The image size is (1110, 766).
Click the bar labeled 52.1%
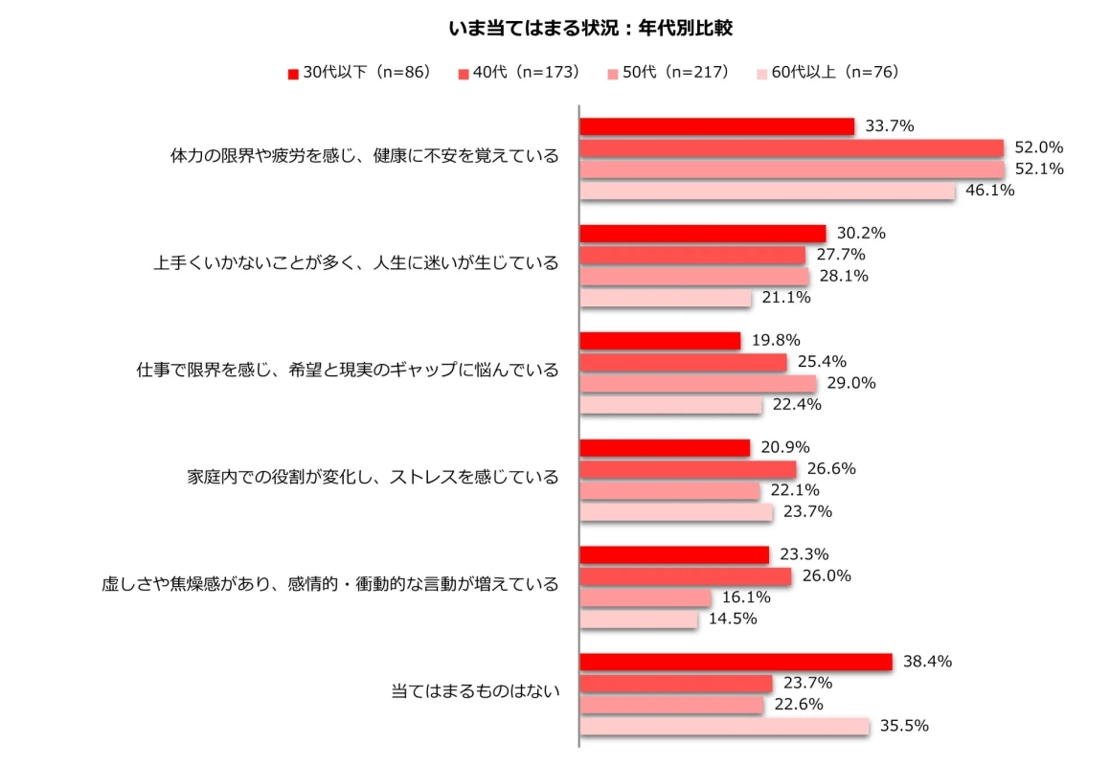tap(792, 169)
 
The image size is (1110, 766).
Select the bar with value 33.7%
tap(717, 126)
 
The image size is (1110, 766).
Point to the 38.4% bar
tap(736, 662)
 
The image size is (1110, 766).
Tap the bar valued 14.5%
tap(639, 620)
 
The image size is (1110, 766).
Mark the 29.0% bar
tap(698, 383)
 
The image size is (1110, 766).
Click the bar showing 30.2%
tap(703, 234)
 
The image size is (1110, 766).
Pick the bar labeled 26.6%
tap(688, 469)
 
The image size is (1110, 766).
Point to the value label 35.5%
tap(905, 726)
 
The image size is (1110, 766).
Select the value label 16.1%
tap(746, 597)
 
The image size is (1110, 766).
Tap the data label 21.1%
tap(786, 298)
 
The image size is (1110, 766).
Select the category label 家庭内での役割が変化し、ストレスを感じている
tap(373, 476)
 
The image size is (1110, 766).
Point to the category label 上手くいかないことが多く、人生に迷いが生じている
tap(355, 263)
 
